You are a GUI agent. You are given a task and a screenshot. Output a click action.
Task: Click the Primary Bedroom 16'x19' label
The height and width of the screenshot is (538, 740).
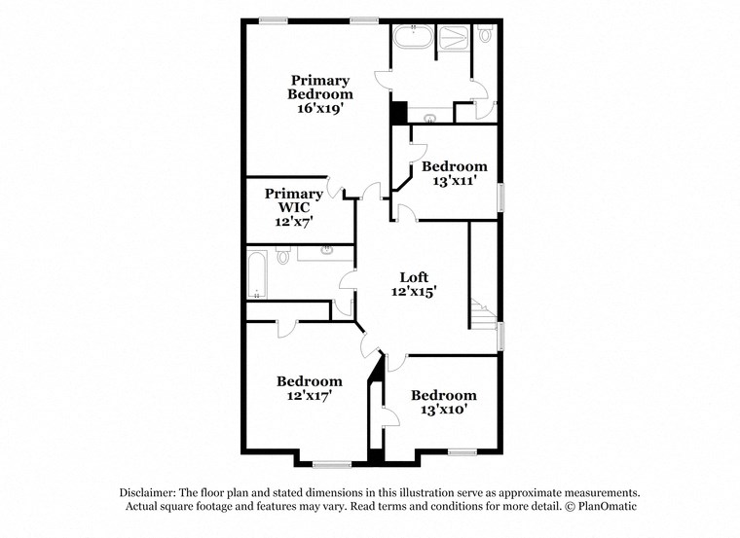click(x=319, y=93)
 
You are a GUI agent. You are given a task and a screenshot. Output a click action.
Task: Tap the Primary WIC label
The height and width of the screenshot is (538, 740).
click(x=293, y=207)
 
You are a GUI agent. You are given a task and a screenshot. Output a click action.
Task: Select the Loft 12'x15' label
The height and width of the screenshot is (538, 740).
click(x=414, y=283)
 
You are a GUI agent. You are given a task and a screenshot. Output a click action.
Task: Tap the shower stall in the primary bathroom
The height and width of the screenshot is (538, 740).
click(x=452, y=40)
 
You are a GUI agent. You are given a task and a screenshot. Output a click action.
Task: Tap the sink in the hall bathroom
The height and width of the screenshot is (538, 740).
click(x=326, y=252)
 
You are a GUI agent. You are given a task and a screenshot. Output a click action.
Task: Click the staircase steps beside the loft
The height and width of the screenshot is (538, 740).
click(x=480, y=313)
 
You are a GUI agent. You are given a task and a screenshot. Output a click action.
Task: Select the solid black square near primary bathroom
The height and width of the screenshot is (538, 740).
click(x=397, y=112)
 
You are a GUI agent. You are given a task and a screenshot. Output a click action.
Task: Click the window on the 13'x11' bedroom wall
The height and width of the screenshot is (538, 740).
click(x=500, y=197)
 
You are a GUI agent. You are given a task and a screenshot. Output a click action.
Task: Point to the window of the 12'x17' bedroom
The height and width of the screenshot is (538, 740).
click(x=331, y=462)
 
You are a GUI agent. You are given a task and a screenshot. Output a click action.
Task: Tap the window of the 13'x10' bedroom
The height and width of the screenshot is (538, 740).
click(x=461, y=451)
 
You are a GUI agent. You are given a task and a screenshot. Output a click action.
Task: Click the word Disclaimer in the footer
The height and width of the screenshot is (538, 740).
click(x=152, y=493)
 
